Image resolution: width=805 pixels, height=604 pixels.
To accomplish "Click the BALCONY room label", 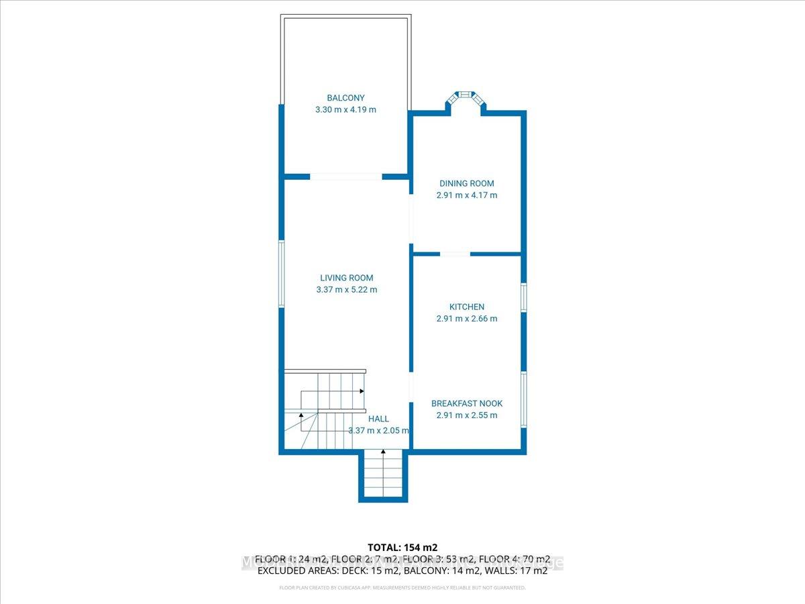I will (345, 97).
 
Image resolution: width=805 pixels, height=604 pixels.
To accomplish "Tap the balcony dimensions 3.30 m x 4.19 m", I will (345, 109).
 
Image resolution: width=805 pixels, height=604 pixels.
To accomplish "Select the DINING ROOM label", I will (467, 183).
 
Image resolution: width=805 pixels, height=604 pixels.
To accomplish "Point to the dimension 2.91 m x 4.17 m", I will (467, 195).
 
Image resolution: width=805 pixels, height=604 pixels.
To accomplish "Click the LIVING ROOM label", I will (346, 278).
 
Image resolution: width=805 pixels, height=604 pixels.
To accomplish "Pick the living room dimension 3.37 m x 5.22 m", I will (346, 290).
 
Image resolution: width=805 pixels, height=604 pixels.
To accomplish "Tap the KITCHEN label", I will (467, 307).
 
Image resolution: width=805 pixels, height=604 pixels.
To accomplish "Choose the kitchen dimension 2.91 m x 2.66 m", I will (467, 319).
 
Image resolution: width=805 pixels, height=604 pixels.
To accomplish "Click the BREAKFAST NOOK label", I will (467, 403).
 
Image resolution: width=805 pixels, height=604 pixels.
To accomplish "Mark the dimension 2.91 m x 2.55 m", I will (467, 415).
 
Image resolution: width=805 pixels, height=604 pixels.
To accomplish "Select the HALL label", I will (378, 419).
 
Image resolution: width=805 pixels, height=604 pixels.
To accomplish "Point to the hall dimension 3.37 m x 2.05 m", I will (378, 431).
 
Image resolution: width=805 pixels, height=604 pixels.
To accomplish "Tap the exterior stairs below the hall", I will (383, 474).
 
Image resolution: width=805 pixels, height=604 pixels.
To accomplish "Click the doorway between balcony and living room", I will (346, 177).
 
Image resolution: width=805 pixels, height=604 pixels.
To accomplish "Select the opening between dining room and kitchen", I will (455, 254).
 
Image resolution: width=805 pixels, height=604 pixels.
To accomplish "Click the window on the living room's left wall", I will (282, 274).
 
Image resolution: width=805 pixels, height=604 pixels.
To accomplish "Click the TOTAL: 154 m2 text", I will (402, 547).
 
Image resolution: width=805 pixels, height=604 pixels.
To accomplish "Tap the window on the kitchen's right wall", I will (524, 297).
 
